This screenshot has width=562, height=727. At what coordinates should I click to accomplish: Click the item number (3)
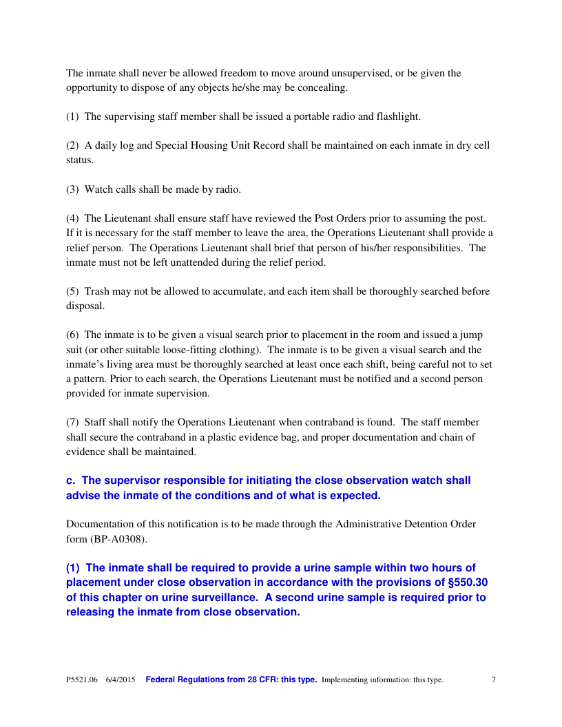(72, 189)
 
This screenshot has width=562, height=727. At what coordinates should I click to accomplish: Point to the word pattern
(93, 379)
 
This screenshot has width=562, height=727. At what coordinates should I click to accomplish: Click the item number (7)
(72, 422)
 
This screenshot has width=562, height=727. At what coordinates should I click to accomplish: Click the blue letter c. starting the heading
(70, 481)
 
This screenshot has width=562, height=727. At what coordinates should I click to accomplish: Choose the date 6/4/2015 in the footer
(121, 680)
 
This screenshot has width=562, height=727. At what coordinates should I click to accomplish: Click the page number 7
(494, 680)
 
